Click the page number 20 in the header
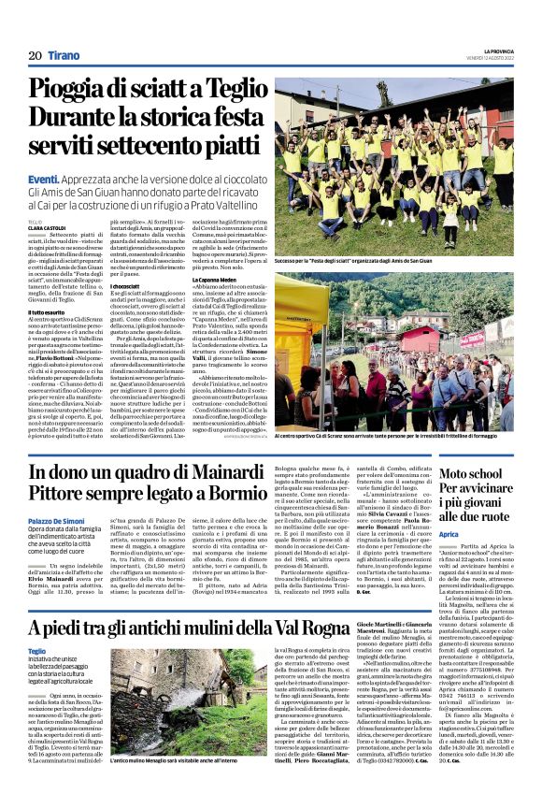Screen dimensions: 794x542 (x=33, y=56)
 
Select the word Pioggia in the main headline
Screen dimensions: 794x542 (x=89, y=92)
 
